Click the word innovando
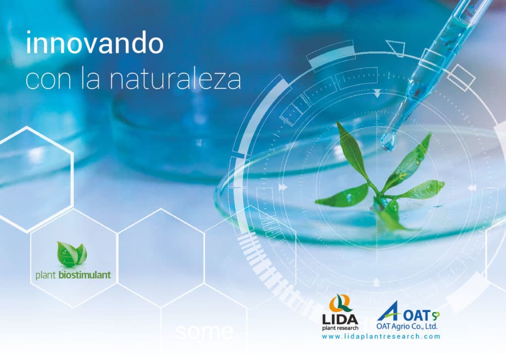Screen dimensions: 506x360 pos(94,43)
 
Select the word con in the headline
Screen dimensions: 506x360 pos(48,80)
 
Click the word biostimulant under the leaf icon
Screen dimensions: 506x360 pos(85,275)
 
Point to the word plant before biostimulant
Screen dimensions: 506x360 pos(46,276)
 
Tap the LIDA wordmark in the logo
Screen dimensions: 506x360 pos(340,320)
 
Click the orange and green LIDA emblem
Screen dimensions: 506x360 pos(339,303)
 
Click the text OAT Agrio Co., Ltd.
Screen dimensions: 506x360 pos(407,326)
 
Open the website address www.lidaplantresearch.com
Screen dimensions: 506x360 pos(381,336)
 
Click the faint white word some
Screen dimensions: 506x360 pos(205,331)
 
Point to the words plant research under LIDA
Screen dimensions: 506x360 pos(340,328)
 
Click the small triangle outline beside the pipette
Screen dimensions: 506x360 pos(396,48)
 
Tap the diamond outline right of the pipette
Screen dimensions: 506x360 pos(461,78)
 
